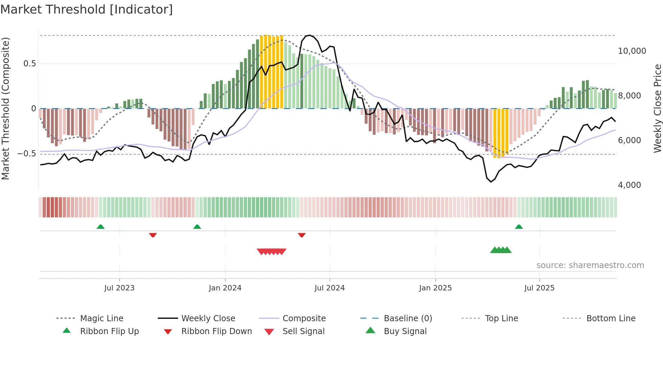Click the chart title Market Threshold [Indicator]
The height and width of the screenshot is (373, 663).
(x=87, y=9)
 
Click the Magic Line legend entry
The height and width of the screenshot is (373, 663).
(x=101, y=319)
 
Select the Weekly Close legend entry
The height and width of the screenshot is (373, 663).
(x=208, y=319)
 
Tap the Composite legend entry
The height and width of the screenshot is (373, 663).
(x=304, y=319)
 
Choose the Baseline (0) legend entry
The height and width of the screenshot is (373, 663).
(x=408, y=319)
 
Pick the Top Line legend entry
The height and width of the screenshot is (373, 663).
(x=501, y=319)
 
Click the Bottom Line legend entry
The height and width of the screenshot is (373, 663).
(x=611, y=319)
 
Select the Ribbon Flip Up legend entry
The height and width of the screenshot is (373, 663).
(x=109, y=331)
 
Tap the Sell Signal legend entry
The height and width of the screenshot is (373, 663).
(x=303, y=331)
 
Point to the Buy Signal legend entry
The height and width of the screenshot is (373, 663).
(x=405, y=331)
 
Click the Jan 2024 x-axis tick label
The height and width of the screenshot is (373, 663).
(x=225, y=288)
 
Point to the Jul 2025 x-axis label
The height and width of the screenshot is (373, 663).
(x=539, y=288)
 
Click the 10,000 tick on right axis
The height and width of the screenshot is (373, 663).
(x=632, y=51)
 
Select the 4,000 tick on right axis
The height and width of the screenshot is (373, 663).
(x=629, y=185)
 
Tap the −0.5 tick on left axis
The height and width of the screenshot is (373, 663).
(x=26, y=154)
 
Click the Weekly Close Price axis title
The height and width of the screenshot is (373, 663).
(x=657, y=108)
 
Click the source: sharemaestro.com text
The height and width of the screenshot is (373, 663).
(x=590, y=265)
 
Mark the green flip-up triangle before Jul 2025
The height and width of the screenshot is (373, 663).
(x=519, y=227)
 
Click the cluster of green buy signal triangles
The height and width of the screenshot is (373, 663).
(x=501, y=250)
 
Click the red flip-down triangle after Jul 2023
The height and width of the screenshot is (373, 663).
(x=153, y=235)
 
